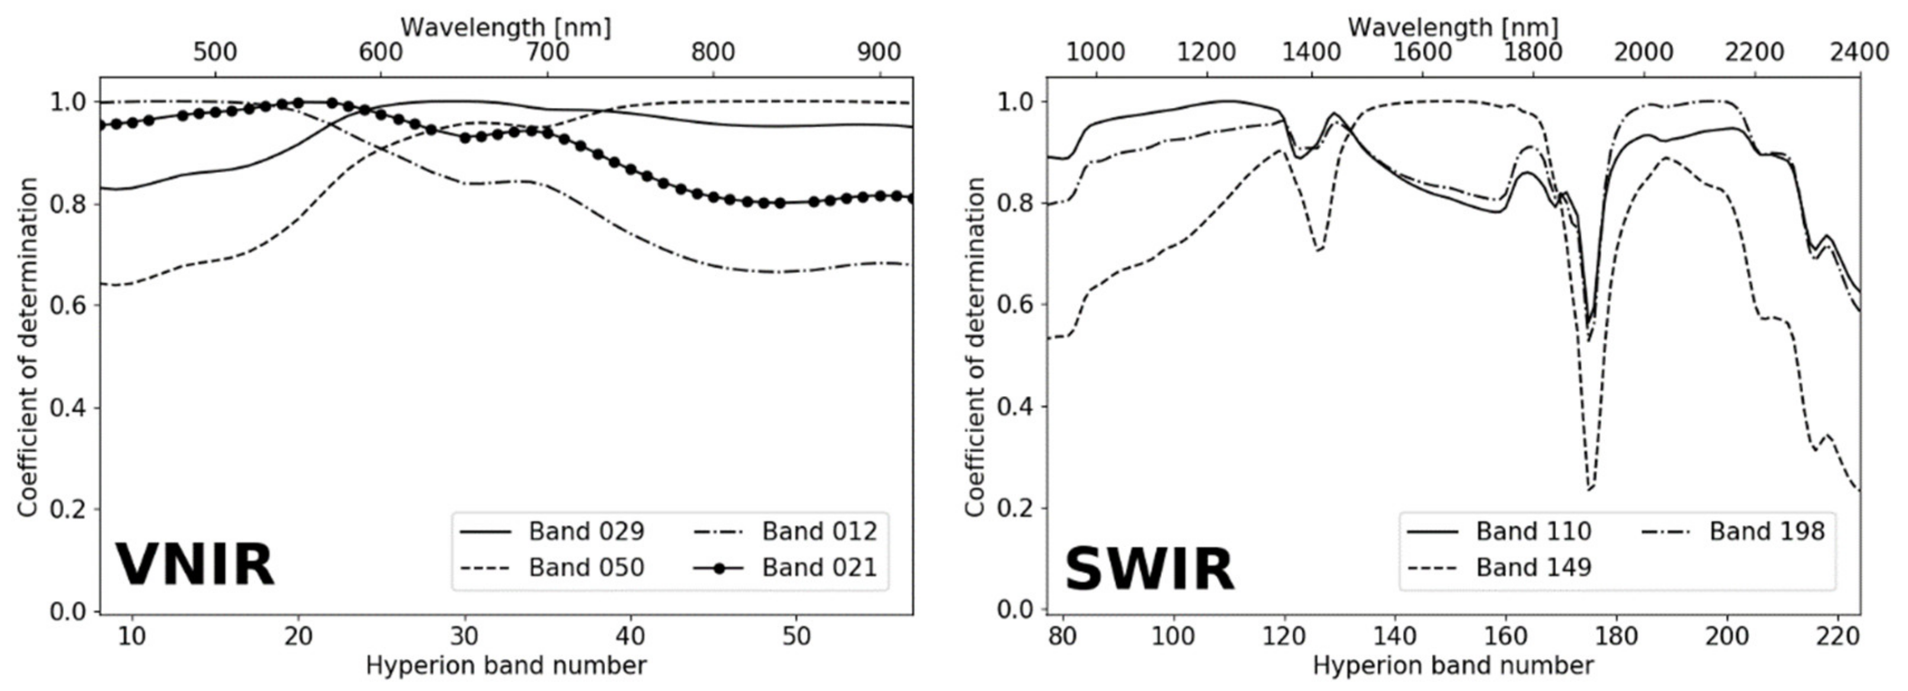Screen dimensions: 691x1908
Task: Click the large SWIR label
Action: coord(1149,570)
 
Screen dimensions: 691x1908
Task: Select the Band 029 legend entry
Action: coord(586,532)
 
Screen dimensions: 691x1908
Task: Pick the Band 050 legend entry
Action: coord(586,568)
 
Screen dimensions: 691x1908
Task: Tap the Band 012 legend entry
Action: coord(819,532)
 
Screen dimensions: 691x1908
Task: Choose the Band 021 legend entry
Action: coord(819,568)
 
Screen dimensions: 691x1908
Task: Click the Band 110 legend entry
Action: coord(1533,532)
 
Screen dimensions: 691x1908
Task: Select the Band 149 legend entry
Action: coord(1533,568)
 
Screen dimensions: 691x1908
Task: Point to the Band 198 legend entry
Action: coord(1766,532)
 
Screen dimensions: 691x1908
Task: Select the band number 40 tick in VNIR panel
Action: coord(630,637)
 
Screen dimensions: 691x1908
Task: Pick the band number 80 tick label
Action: coord(1063,637)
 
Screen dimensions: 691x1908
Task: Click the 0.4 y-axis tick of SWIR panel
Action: coord(1015,407)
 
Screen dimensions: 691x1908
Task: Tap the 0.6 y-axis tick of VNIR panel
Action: coord(68,305)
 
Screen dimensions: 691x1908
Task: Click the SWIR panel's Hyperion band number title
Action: coord(1453,666)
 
